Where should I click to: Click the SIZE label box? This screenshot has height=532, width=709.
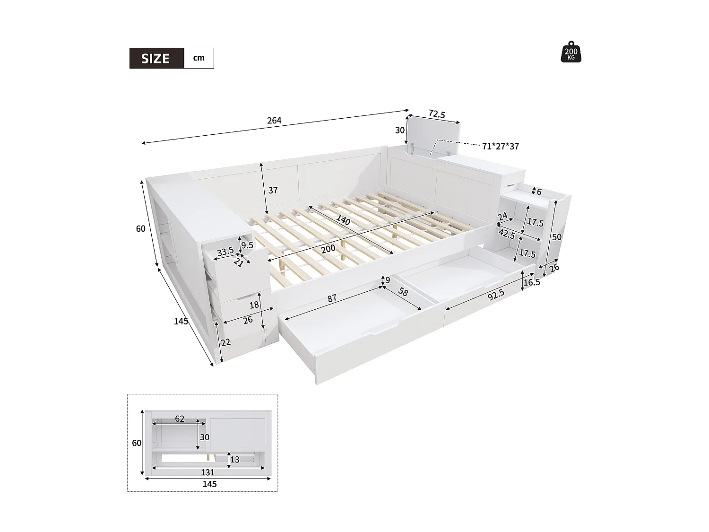[156, 58]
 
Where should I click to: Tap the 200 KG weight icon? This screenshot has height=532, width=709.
[571, 52]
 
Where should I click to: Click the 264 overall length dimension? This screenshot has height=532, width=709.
[274, 121]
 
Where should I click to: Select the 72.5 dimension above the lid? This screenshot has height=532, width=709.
[437, 114]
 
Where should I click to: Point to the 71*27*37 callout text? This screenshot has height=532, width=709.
[501, 147]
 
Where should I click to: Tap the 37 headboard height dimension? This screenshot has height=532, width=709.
[273, 191]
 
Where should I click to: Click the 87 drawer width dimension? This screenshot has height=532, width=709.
[332, 298]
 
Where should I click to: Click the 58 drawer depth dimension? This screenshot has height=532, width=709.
[403, 293]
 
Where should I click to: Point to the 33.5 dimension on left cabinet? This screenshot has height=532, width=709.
[225, 252]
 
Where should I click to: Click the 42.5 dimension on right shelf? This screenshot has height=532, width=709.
[506, 234]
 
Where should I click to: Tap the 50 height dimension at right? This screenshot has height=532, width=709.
[557, 236]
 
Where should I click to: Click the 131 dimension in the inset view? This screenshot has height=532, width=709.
[208, 472]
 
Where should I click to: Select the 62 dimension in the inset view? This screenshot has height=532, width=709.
[180, 419]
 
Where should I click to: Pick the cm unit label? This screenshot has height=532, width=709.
[199, 58]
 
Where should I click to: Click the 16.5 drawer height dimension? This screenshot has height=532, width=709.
[532, 282]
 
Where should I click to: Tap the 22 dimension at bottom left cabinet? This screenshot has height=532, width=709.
[226, 342]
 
